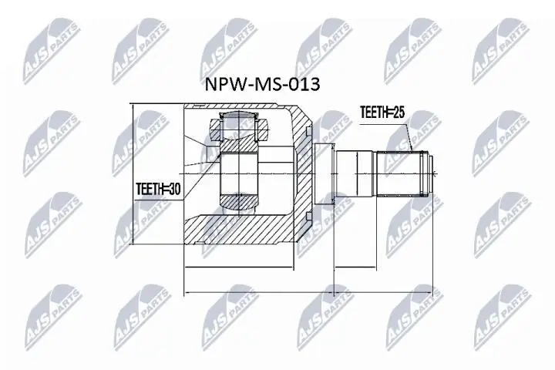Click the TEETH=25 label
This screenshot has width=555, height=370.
pos(382,113)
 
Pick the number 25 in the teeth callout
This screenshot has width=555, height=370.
pos(399,113)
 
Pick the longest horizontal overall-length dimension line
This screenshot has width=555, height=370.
pos(308,294)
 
